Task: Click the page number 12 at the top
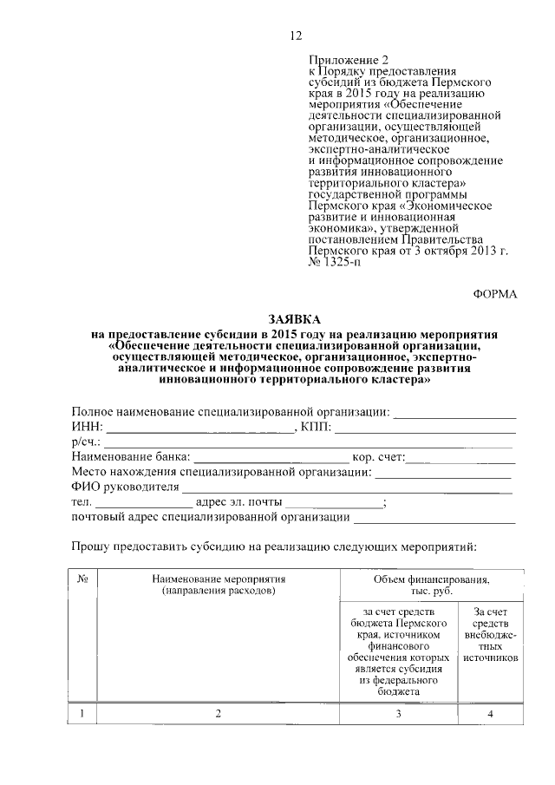tap(295, 36)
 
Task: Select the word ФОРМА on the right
tap(494, 294)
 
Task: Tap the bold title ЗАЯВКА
tap(295, 320)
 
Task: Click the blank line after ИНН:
tap(200, 428)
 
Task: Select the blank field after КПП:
tap(426, 428)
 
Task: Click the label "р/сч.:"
tap(88, 442)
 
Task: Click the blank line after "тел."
tap(144, 503)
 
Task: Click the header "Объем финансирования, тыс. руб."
tap(431, 585)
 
